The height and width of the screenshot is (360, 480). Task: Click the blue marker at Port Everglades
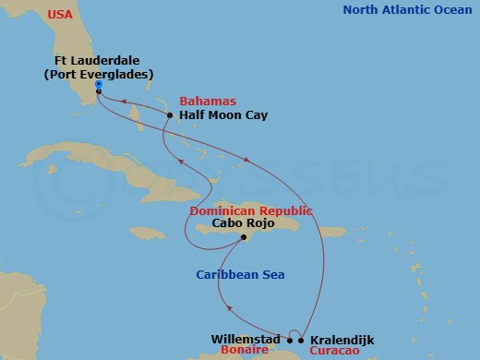[98, 90]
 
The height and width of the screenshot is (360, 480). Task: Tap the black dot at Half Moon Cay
[171, 115]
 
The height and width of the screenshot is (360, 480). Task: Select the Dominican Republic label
[251, 210]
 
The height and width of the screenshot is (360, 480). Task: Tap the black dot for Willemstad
[288, 339]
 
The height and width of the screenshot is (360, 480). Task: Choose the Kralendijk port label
[342, 339]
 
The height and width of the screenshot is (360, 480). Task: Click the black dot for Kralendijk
[301, 339]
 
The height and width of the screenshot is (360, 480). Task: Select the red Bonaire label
[240, 353]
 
